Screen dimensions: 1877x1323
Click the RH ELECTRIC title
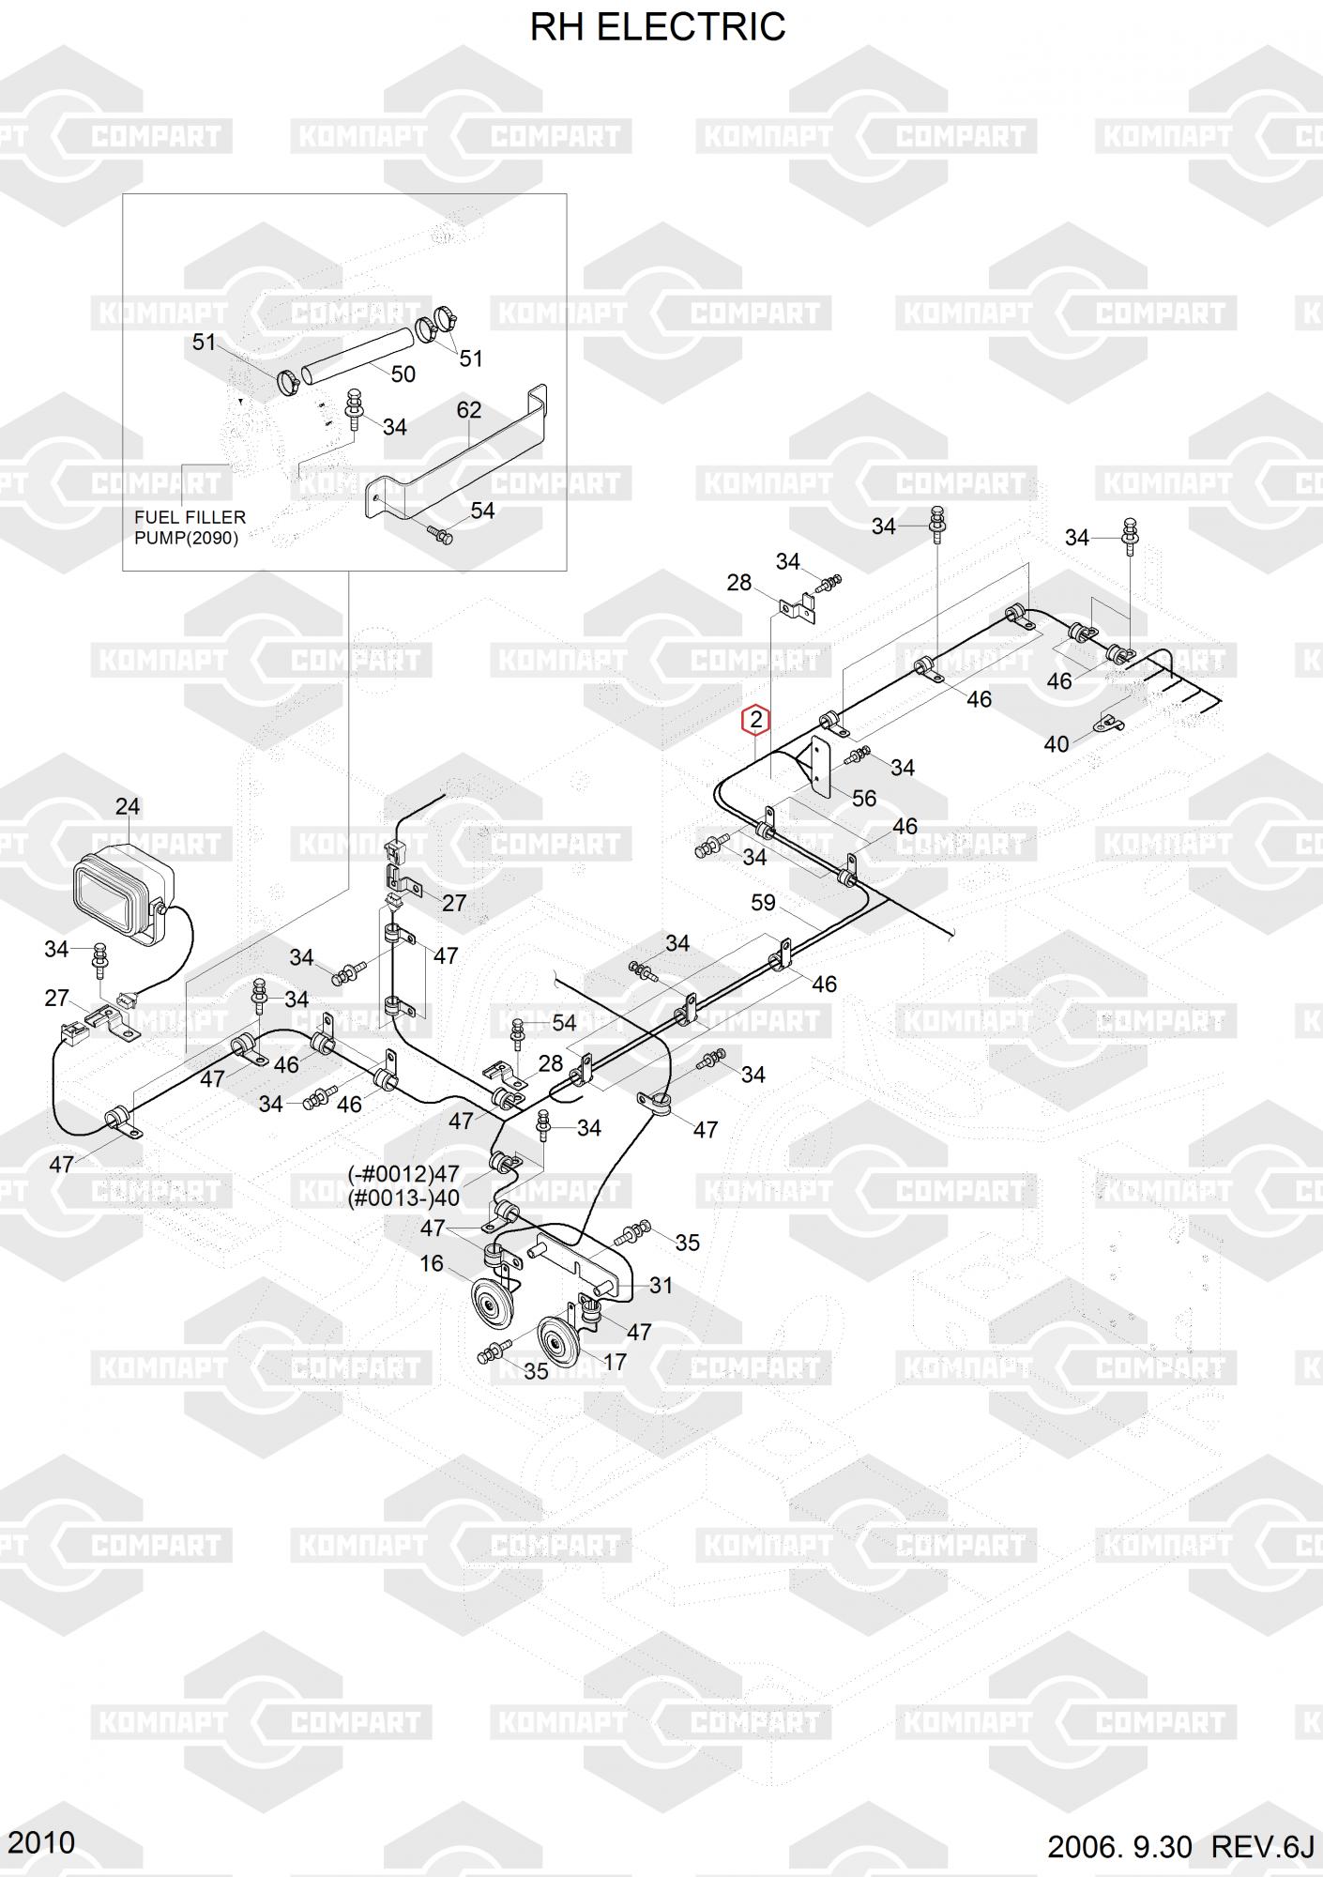(658, 27)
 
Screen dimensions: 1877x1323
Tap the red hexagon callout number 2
(755, 721)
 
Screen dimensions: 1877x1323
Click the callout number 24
(128, 806)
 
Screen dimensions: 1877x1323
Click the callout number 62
(469, 410)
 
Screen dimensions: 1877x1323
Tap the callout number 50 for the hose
(403, 374)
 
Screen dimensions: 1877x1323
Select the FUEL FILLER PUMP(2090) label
(190, 527)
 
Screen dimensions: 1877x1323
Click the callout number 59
(763, 903)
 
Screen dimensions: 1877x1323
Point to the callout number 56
(863, 798)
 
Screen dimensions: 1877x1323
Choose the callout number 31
(661, 1285)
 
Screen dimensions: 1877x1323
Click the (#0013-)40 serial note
(403, 1198)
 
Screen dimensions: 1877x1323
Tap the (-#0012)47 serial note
(403, 1174)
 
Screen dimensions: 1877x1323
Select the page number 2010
(40, 1842)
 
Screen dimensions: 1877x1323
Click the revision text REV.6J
(1262, 1846)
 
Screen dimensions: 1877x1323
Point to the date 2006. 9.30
(1118, 1846)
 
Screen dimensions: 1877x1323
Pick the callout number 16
(431, 1263)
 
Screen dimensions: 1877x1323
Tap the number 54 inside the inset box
(482, 511)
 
